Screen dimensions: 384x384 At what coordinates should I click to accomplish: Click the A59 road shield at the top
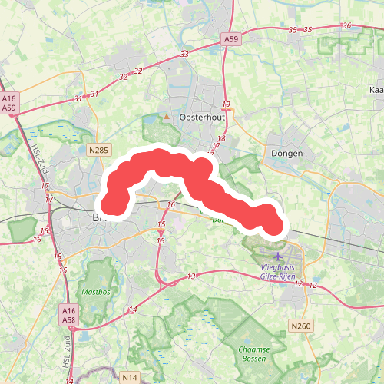tap(231, 38)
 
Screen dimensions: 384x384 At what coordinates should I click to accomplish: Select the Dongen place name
tap(287, 154)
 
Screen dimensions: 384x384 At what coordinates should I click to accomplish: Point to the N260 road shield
tap(301, 326)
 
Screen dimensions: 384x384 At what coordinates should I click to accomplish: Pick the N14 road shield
tap(128, 378)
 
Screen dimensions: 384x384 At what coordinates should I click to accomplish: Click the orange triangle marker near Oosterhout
tap(166, 117)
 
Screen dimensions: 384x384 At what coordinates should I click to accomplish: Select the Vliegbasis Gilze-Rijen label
tap(277, 272)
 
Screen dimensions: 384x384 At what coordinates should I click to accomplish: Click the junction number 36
tap(347, 26)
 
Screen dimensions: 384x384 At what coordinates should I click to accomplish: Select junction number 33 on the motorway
tap(184, 55)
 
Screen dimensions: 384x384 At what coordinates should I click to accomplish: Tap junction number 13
tap(191, 276)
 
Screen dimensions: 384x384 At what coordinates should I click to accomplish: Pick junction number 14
tap(133, 310)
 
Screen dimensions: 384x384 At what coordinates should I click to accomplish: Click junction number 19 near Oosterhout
tap(226, 104)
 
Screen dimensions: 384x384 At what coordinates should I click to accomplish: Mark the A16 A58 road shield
tap(68, 314)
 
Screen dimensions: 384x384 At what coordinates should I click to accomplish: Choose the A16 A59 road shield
tap(9, 104)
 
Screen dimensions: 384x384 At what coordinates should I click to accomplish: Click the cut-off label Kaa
tap(376, 90)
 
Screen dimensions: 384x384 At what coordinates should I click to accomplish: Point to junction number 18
tap(221, 138)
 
